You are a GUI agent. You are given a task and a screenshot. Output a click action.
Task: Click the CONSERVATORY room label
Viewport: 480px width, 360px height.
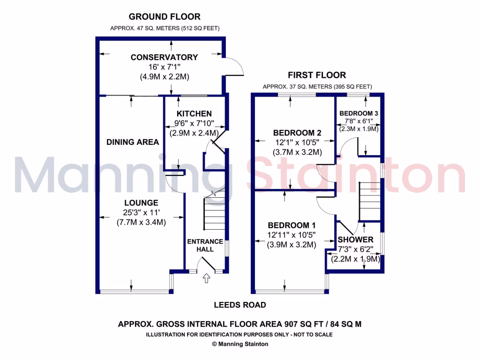pos(164,57)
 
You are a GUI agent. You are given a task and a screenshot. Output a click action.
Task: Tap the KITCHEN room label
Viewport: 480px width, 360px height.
pos(194,114)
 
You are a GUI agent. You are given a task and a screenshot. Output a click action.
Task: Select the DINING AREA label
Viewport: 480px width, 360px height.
pos(133,142)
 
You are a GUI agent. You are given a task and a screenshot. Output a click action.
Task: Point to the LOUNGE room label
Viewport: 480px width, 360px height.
pos(141,203)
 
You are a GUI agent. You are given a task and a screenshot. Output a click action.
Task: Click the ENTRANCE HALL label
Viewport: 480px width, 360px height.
pos(205,245)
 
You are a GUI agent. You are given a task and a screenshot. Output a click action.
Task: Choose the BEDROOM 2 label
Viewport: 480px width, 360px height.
pos(298,133)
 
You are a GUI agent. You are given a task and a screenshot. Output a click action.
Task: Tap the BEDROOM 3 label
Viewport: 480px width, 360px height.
pos(359,113)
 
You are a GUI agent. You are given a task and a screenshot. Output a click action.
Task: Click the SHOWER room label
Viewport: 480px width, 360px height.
pos(356,240)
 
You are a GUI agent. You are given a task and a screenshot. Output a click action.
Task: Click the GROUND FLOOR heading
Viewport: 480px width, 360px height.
pos(165,17)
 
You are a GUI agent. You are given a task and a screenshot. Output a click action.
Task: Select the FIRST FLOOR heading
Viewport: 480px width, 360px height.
pos(317,75)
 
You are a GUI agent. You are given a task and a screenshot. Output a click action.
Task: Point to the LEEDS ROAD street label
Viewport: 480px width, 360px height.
pos(240,305)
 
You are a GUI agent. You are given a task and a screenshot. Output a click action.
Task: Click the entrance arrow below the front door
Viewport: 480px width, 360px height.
pos(205,280)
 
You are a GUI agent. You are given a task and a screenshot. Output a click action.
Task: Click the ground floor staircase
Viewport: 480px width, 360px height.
pos(215,213)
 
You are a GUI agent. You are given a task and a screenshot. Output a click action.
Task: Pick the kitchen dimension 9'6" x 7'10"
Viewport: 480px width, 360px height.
pos(194,123)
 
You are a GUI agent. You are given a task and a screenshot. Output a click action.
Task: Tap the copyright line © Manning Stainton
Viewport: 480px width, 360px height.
pos(240,344)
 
